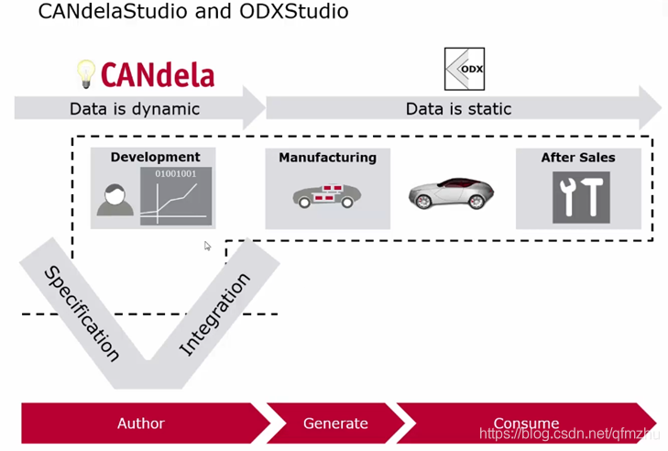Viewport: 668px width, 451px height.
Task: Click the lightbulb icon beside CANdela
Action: tap(85, 72)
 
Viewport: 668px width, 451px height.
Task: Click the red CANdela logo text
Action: tap(157, 74)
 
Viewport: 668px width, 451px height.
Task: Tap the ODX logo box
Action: tap(464, 69)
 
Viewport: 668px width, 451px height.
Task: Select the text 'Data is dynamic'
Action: tap(134, 109)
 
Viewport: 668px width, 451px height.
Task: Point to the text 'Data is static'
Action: tap(458, 109)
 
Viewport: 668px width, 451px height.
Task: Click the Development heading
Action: tap(155, 158)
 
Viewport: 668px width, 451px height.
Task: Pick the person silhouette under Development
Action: tap(115, 201)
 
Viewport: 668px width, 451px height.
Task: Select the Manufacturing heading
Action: tap(327, 158)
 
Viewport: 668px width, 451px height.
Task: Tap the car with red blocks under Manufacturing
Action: tap(326, 195)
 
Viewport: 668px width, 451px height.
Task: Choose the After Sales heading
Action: tap(577, 158)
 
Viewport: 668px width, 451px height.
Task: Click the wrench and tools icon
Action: tap(580, 196)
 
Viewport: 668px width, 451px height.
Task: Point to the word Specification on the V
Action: tap(82, 313)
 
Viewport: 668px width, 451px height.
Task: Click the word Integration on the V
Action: tap(214, 314)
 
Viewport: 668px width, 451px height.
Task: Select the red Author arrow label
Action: tap(140, 423)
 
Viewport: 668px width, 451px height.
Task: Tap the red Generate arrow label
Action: tap(335, 423)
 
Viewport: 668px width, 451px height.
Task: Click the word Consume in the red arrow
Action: tap(526, 423)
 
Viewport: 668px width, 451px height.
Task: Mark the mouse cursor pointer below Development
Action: tap(208, 246)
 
